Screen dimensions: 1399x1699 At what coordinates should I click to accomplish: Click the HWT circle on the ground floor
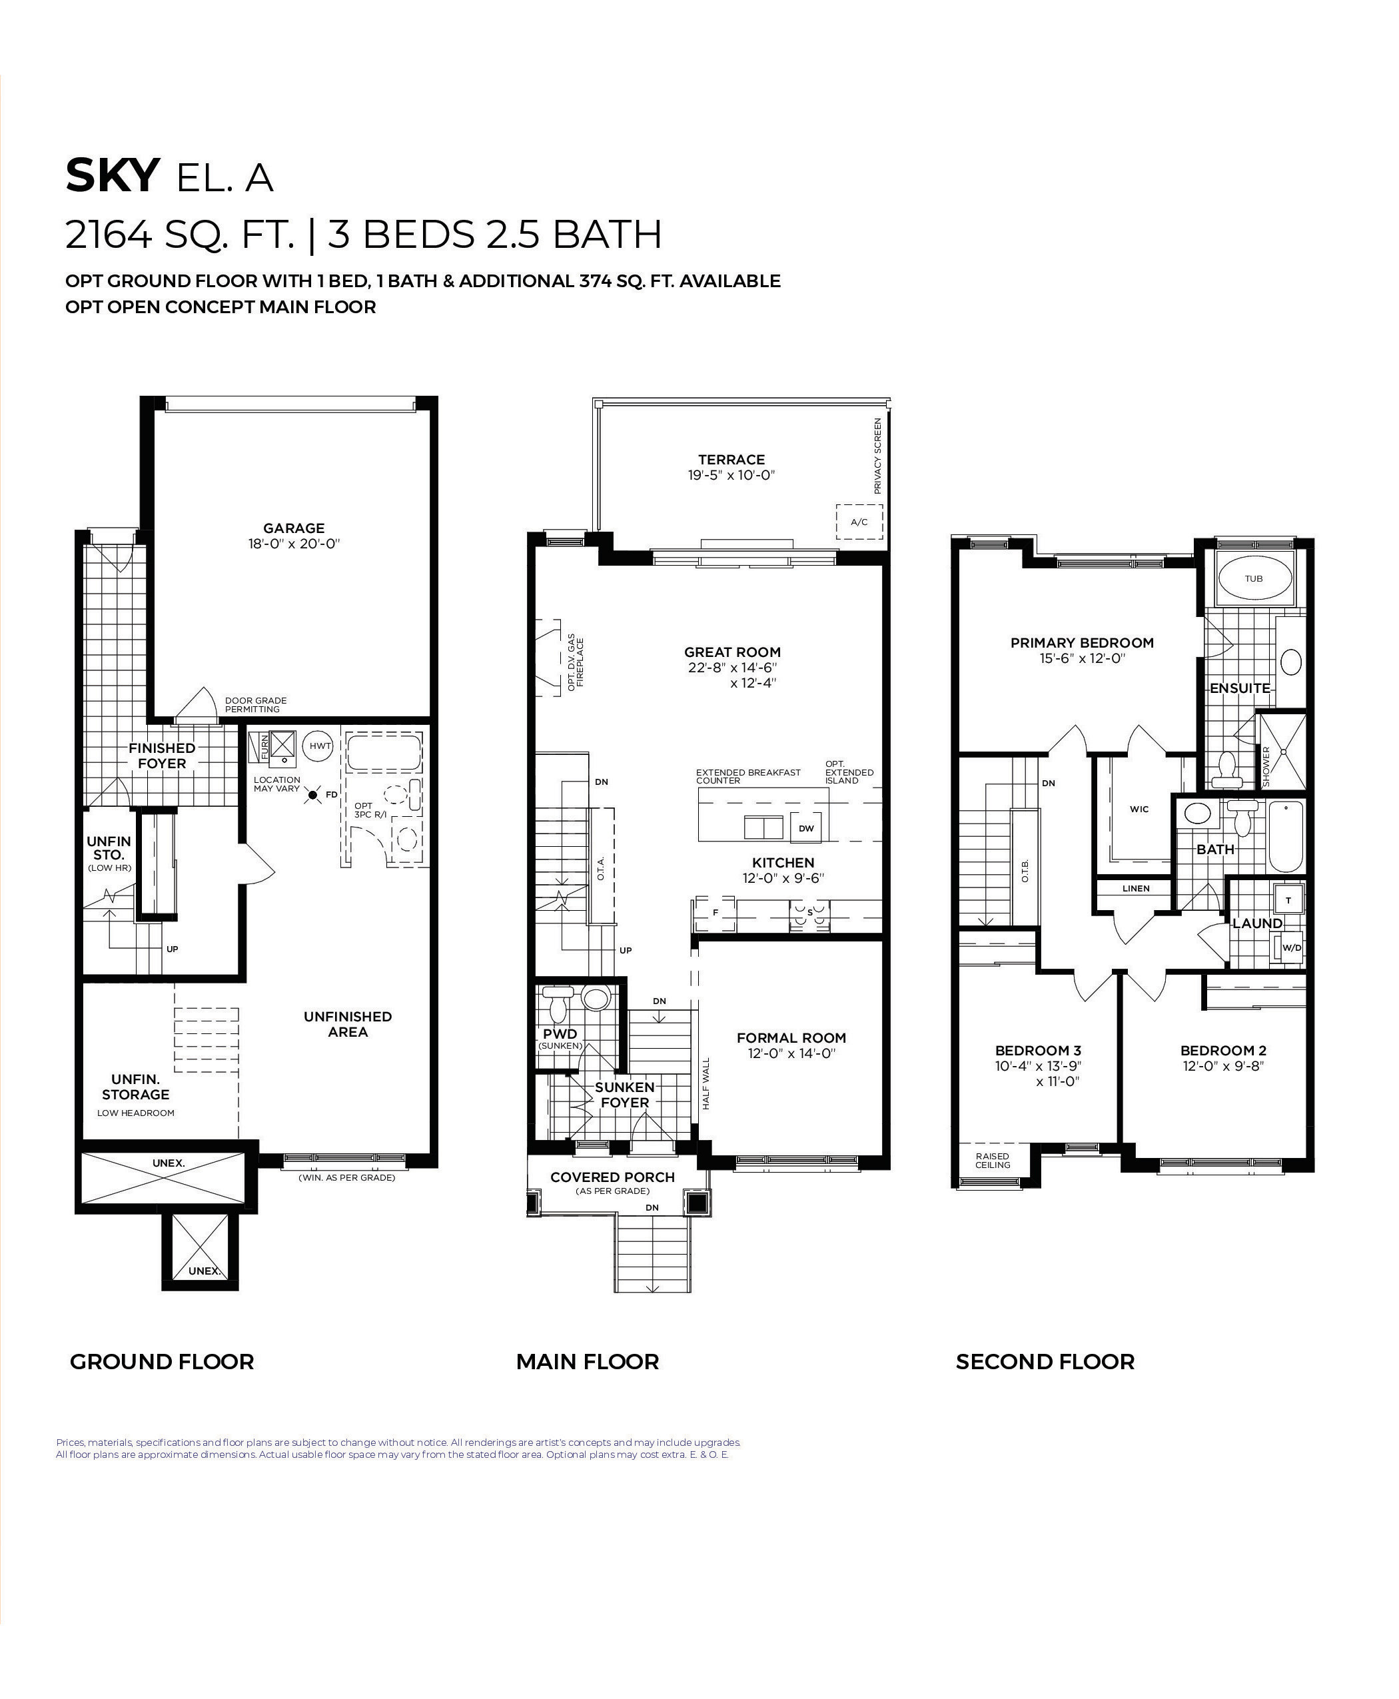tap(320, 746)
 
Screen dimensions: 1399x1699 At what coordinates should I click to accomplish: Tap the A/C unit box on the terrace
tap(859, 522)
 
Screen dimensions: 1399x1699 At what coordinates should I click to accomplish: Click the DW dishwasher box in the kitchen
tap(806, 828)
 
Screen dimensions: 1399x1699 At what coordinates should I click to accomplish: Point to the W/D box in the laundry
tap(1291, 948)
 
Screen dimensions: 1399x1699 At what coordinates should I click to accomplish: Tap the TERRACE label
tap(731, 460)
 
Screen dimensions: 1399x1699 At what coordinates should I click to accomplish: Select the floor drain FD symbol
tap(314, 796)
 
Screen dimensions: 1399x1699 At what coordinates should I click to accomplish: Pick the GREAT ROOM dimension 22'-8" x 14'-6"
tap(731, 668)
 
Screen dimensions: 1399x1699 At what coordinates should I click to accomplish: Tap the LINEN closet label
tap(1135, 888)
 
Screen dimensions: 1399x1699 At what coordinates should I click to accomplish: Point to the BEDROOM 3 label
tap(1038, 1050)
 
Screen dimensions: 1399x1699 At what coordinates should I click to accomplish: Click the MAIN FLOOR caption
tap(588, 1362)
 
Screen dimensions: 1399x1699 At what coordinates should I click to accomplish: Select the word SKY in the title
tap(113, 176)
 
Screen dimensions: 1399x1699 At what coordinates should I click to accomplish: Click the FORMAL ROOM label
tap(791, 1038)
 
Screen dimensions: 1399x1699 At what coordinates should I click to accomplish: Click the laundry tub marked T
tap(1288, 900)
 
